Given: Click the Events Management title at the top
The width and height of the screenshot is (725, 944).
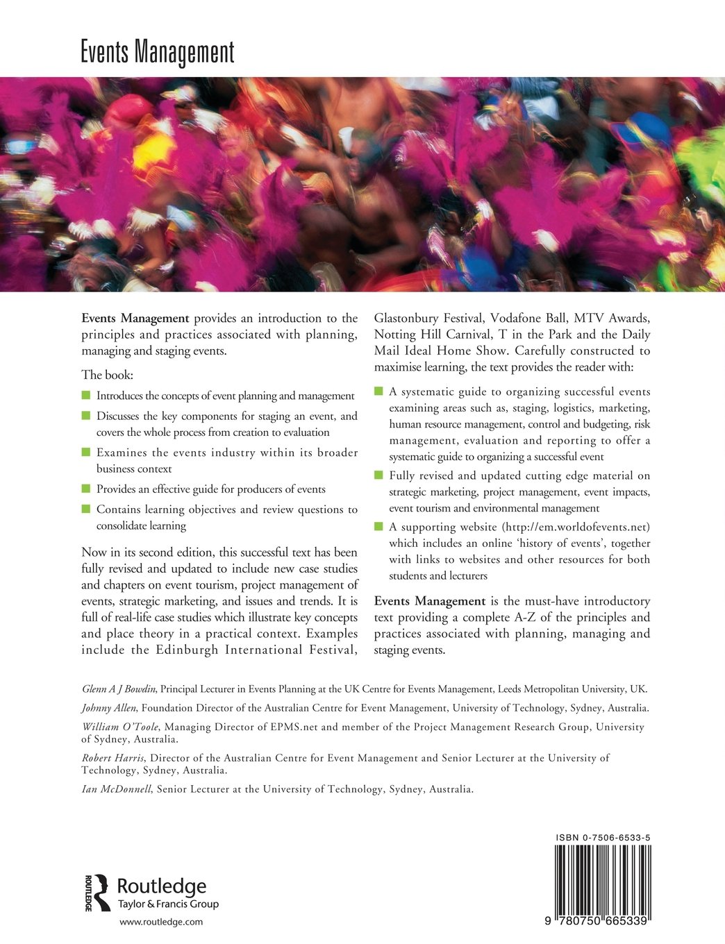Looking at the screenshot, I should click(158, 53).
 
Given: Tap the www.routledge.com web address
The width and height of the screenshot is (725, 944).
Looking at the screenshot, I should click(161, 922).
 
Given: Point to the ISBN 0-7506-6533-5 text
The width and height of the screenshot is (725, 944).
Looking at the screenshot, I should click(603, 838).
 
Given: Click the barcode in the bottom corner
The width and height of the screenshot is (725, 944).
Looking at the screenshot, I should click(602, 878).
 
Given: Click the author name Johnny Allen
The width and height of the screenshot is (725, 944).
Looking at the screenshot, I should click(108, 708).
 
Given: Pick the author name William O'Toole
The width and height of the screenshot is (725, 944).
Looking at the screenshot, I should click(120, 727).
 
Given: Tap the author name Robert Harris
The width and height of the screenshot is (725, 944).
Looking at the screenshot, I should click(112, 758).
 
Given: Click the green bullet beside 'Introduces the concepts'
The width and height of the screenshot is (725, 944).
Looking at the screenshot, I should click(86, 395).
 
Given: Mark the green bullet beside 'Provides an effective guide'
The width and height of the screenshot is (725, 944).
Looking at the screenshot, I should click(86, 489).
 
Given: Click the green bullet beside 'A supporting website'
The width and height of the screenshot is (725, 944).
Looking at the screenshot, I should click(378, 526).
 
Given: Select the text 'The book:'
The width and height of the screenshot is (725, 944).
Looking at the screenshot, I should click(107, 375).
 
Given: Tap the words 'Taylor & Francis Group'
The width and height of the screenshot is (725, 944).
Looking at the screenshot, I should click(168, 904).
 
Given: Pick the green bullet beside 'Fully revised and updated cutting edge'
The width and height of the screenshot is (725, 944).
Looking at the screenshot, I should click(378, 475).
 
